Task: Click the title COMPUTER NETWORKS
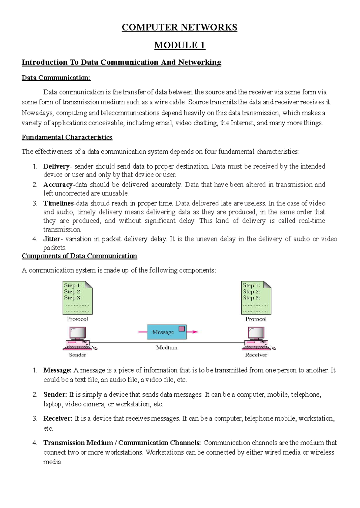point(179,27)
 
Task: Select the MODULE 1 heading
point(179,45)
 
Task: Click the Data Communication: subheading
point(56,78)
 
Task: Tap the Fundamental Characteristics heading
point(67,137)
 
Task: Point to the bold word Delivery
point(56,166)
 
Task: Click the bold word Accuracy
point(58,185)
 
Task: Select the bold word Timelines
point(58,203)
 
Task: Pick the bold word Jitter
point(52,239)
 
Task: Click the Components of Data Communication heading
point(79,256)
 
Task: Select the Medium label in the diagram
point(167,348)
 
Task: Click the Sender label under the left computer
point(77,355)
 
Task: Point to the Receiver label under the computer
point(256,355)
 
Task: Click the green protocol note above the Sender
point(77,297)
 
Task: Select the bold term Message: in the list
point(57,370)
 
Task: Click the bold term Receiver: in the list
point(58,418)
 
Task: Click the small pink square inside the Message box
point(181,329)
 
